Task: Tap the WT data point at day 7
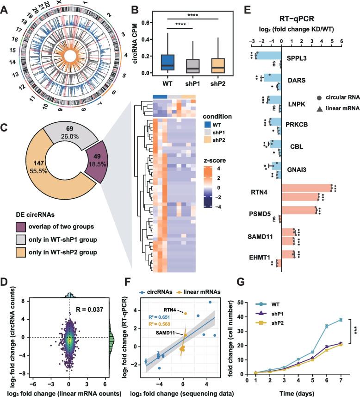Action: point(340,320)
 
